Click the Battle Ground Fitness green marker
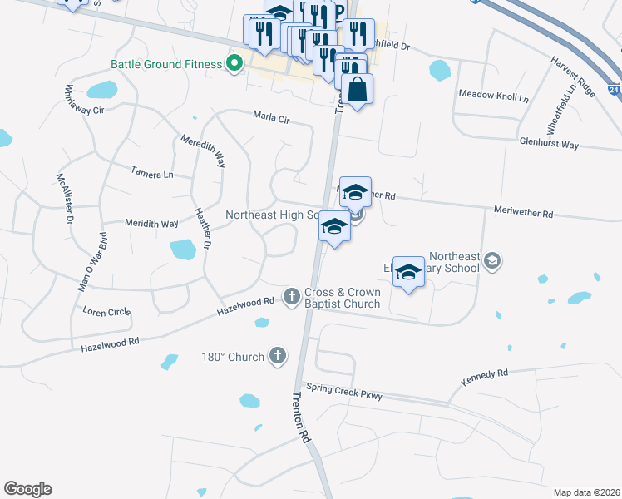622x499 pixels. [x=234, y=63]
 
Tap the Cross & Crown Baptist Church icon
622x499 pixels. [x=291, y=295]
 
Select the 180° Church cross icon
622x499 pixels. [x=278, y=357]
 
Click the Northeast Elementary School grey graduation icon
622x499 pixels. [x=492, y=262]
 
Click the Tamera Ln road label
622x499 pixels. [x=152, y=173]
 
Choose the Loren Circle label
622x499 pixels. [x=106, y=312]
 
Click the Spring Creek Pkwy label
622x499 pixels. [x=343, y=391]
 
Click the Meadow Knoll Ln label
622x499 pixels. [x=494, y=96]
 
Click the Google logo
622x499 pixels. [x=27, y=489]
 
